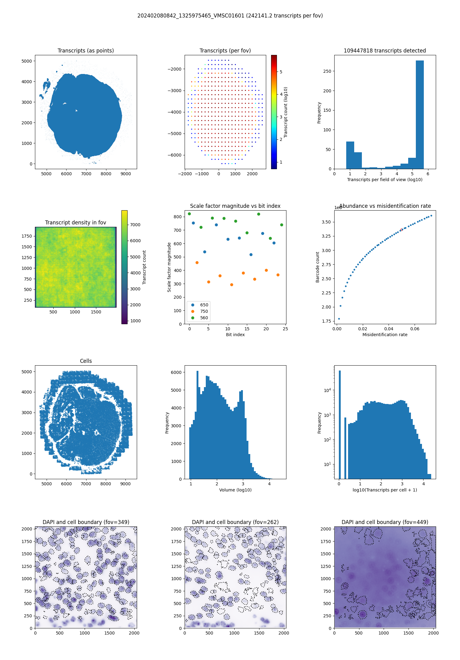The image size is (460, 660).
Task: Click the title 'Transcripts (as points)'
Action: (86, 51)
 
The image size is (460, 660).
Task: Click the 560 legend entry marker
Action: (193, 318)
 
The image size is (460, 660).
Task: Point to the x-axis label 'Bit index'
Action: (235, 335)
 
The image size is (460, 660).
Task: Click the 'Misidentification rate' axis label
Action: (385, 335)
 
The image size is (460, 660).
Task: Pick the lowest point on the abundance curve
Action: (339, 319)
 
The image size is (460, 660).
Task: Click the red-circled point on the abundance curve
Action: (402, 230)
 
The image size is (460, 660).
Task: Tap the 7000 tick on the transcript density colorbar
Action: (135, 225)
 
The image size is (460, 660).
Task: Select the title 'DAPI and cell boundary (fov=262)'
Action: (235, 522)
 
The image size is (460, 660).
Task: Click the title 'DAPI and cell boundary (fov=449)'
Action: (385, 522)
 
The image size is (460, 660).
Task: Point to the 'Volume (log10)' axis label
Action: (235, 490)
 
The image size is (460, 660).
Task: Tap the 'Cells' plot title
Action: (86, 361)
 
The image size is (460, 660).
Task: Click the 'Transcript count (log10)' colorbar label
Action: (286, 112)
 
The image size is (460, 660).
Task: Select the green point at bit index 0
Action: (189, 214)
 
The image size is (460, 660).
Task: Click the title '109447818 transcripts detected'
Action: (385, 51)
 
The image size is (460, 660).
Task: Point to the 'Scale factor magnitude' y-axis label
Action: (169, 267)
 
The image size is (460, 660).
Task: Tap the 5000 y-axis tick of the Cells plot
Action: (27, 372)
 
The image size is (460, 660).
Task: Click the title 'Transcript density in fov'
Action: (75, 223)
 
